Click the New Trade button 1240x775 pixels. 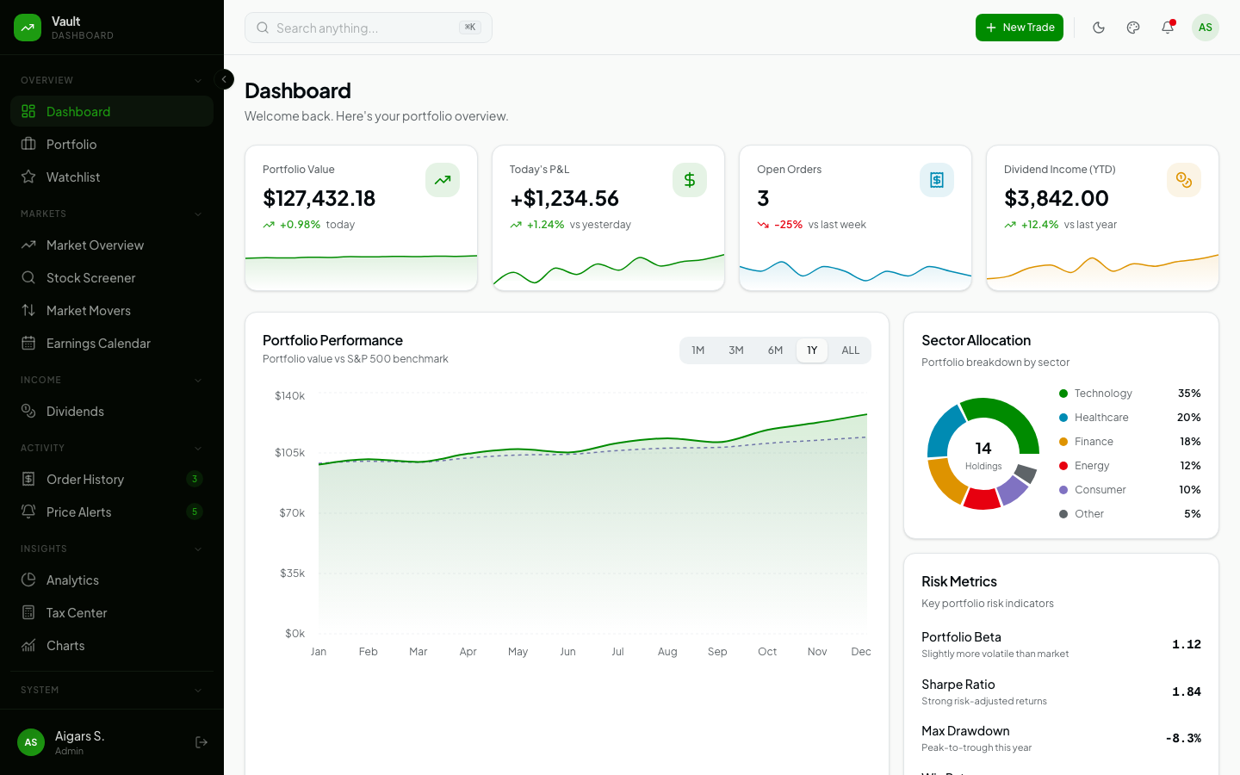pyautogui.click(x=1019, y=28)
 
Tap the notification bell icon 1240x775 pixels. pyautogui.click(x=1168, y=28)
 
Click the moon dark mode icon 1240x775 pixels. pyautogui.click(x=1099, y=28)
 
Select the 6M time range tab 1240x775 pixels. pyautogui.click(x=775, y=350)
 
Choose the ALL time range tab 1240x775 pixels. pyautogui.click(x=850, y=350)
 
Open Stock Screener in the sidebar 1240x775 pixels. pyautogui.click(x=90, y=278)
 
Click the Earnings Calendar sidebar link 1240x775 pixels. pyautogui.click(x=98, y=344)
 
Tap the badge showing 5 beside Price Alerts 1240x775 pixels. pyautogui.click(x=195, y=512)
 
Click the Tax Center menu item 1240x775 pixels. pyautogui.click(x=77, y=613)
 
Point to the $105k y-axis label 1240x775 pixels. pyautogui.click(x=289, y=453)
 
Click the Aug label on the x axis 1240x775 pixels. pyautogui.click(x=667, y=652)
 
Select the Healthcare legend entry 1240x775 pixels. pyautogui.click(x=1100, y=418)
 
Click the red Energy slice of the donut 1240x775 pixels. pyautogui.click(x=982, y=499)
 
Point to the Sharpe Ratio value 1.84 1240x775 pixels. pyautogui.click(x=1186, y=691)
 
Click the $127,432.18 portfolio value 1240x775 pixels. pyautogui.click(x=319, y=198)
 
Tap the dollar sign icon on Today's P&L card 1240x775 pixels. pyautogui.click(x=689, y=180)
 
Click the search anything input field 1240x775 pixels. pyautogui.click(x=362, y=28)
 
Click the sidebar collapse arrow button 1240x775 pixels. pyautogui.click(x=224, y=79)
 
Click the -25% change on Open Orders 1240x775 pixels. pyautogui.click(x=788, y=225)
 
